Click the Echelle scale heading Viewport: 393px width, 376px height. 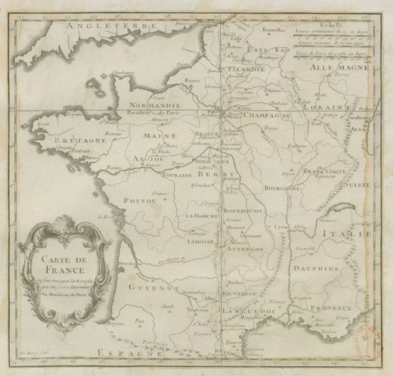coord(330,24)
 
